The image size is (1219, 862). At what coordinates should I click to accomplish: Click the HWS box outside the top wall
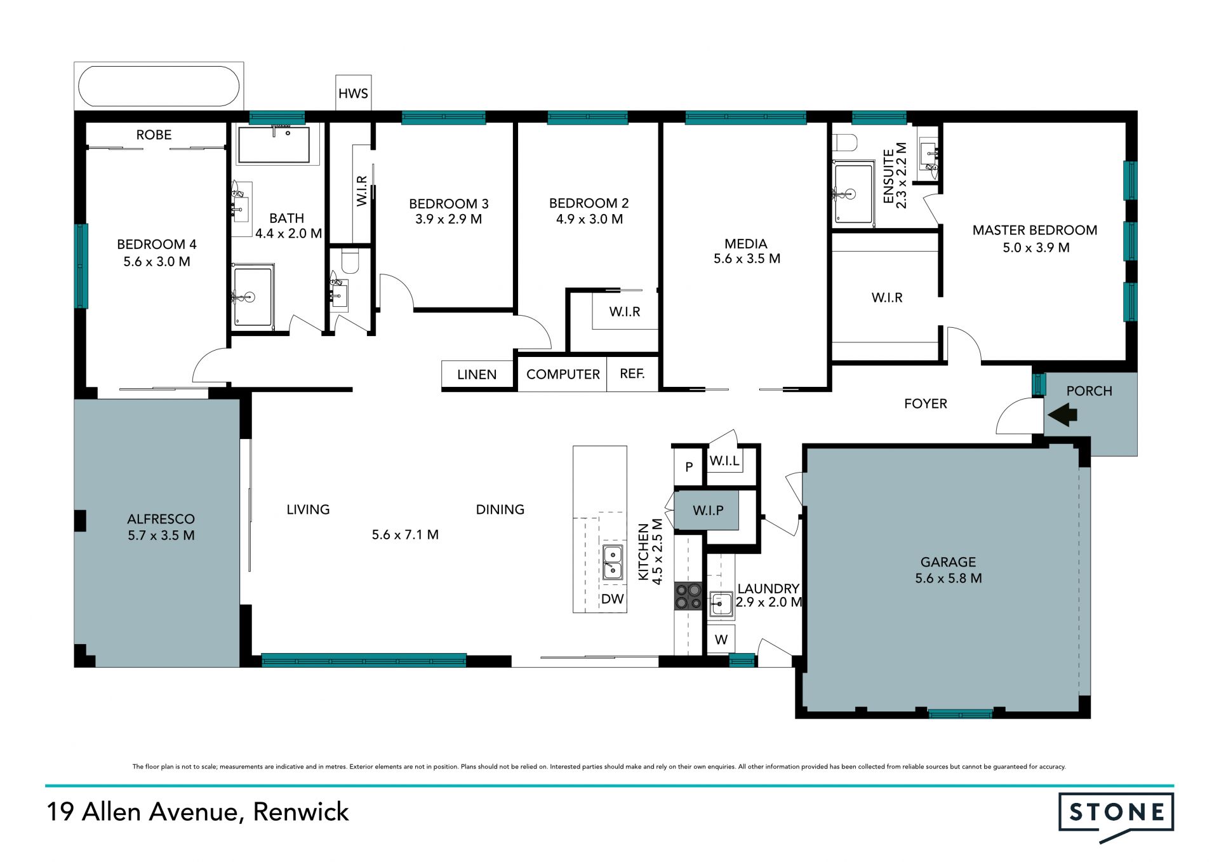353,93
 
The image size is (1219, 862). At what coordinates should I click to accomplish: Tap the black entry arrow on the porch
1062,416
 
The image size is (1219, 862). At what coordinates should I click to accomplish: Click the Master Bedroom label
1035,230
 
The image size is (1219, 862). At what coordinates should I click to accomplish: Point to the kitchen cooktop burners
688,596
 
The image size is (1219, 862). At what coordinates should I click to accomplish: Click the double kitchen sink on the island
612,562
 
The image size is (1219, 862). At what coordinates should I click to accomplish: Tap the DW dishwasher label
613,599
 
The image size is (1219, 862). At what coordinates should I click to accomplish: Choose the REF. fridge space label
632,374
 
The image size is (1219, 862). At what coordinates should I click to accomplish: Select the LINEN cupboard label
477,375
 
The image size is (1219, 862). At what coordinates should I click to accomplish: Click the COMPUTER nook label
563,375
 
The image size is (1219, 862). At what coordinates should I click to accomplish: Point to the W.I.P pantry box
707,510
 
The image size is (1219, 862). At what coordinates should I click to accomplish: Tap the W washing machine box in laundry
721,639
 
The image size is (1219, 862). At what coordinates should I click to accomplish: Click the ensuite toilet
845,141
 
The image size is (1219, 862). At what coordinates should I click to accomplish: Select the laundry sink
721,604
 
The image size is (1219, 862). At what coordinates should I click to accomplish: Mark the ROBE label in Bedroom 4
154,135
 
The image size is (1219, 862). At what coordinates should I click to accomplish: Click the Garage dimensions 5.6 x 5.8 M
949,578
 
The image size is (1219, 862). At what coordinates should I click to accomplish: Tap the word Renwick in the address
301,812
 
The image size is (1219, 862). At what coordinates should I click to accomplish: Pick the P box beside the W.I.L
689,468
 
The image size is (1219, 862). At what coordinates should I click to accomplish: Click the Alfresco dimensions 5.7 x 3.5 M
161,535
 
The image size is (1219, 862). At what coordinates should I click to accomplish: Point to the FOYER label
926,404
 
